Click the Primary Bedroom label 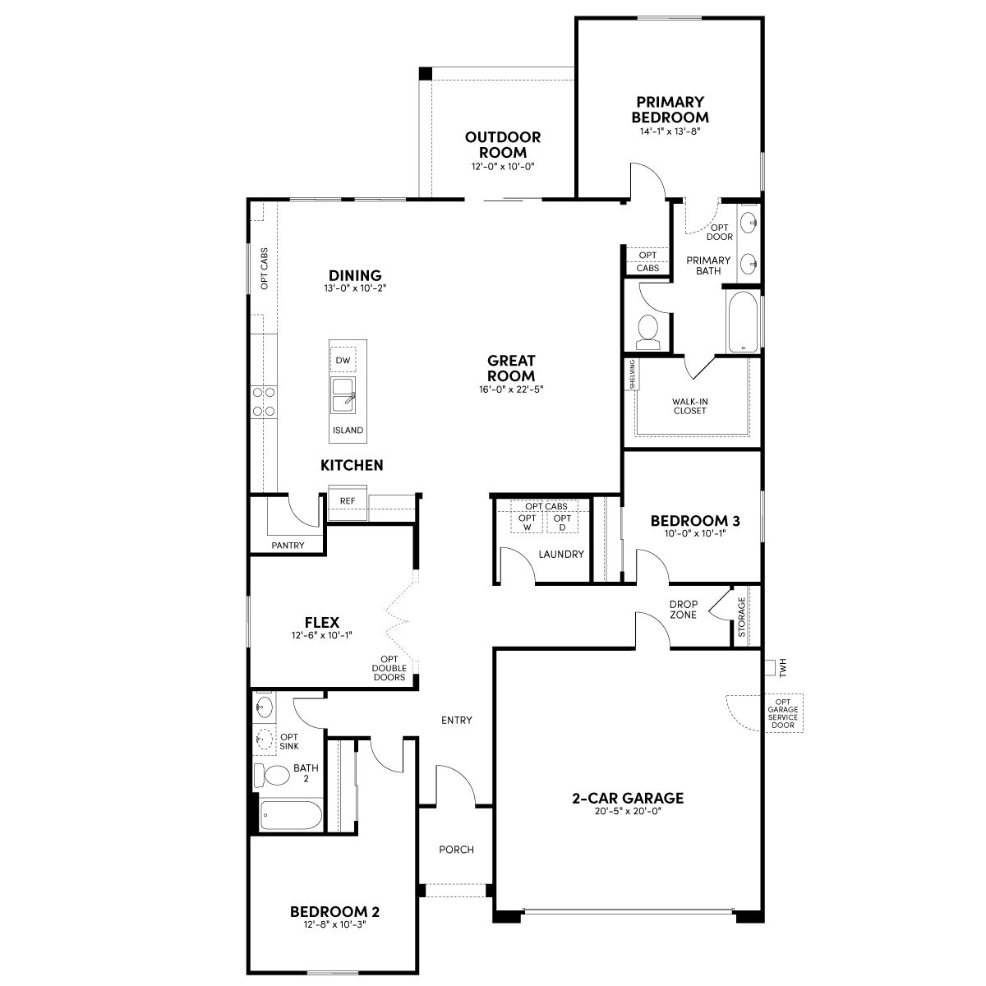(x=670, y=109)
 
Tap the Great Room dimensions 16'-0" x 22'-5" (x=510, y=389)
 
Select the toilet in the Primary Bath (x=647, y=332)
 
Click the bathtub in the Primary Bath (x=743, y=322)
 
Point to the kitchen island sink (x=343, y=395)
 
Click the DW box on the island (x=343, y=360)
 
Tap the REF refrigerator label (x=348, y=501)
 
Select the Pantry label (x=288, y=546)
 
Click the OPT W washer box (x=527, y=523)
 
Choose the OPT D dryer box (x=562, y=523)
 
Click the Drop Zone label (x=683, y=610)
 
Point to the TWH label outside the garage (x=783, y=668)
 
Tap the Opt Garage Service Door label (x=783, y=712)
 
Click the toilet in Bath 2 (x=272, y=775)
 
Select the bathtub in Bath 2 (x=290, y=816)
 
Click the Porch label (x=456, y=850)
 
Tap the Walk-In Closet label (x=689, y=406)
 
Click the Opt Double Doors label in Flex (x=389, y=668)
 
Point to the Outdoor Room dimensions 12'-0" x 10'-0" (x=503, y=166)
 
